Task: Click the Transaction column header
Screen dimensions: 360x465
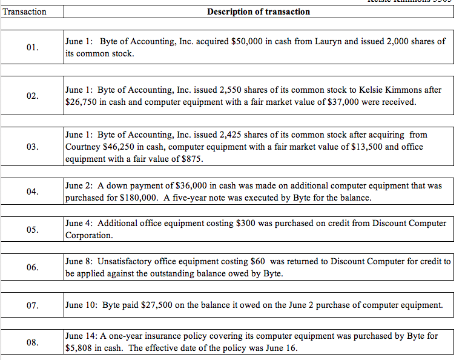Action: [24, 12]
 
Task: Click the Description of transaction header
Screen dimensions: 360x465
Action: [258, 12]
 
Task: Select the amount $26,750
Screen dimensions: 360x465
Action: [81, 102]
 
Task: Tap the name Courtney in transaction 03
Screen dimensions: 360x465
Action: [83, 147]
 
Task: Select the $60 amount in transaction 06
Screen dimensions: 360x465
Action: [258, 261]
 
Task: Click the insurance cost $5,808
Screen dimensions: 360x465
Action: [81, 348]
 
